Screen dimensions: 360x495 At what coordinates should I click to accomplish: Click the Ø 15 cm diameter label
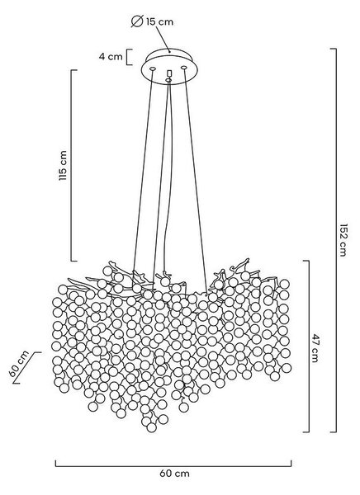pos(152,21)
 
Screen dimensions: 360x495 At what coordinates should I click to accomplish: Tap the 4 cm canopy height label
pos(111,57)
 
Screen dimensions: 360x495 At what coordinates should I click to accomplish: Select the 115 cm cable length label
pos(63,166)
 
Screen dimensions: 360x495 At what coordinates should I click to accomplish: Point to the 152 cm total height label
pos(343,240)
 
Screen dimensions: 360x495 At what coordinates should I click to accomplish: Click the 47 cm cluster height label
pos(315,347)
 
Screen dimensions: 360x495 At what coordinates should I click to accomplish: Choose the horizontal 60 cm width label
pos(174,474)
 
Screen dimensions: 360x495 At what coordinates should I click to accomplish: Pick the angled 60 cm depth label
pos(19,364)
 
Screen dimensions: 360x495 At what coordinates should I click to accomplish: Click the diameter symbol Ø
pos(137,21)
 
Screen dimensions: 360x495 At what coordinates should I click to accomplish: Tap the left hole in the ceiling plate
pos(153,68)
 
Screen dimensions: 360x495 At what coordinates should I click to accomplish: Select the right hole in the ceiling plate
pos(183,68)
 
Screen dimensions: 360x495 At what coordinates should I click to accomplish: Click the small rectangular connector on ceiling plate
pos(168,73)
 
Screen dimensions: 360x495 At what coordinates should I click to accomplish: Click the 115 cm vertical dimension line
pos(72,166)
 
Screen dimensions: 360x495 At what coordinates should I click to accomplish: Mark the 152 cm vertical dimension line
pos(335,240)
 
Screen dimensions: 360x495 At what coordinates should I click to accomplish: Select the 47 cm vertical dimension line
pos(308,346)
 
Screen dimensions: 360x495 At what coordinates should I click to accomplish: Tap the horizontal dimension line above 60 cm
pos(173,465)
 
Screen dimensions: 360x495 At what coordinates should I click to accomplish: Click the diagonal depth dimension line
pos(27,368)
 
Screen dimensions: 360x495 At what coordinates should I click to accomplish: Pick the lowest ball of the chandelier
pos(152,427)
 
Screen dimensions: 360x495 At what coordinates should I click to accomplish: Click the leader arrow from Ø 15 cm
pos(163,39)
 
